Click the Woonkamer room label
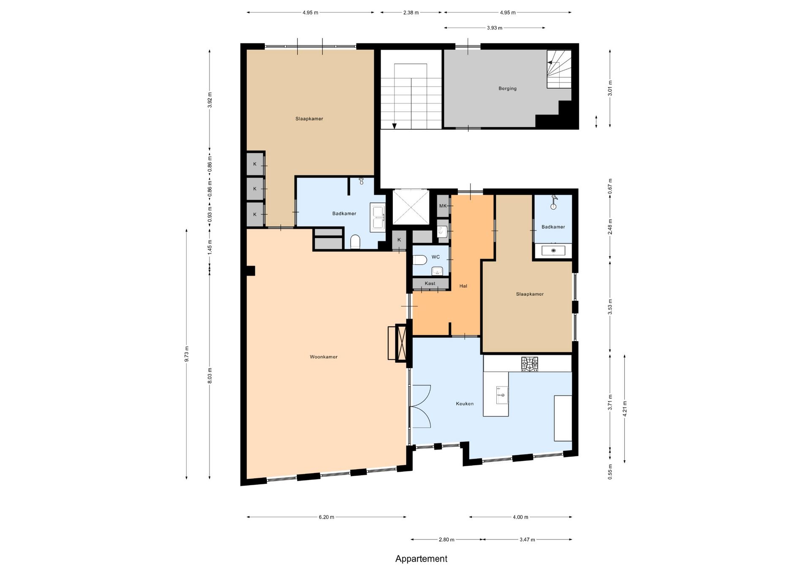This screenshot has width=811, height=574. [324, 357]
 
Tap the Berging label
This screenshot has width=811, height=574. [507, 88]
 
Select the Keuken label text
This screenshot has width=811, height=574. [465, 404]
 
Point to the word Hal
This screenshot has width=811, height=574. [463, 286]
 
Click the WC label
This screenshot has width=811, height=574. [435, 257]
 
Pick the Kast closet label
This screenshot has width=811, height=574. [430, 284]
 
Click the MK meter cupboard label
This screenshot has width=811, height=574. [443, 206]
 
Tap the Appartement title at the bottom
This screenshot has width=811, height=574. [421, 559]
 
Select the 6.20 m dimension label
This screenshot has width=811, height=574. [327, 517]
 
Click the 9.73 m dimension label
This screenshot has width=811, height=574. [187, 354]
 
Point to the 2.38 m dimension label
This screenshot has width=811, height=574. [411, 13]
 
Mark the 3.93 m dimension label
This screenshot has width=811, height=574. [495, 28]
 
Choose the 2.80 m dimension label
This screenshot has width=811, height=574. [446, 540]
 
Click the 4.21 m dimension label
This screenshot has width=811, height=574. [625, 409]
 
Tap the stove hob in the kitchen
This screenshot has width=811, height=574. [530, 364]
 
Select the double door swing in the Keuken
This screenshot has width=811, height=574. [421, 406]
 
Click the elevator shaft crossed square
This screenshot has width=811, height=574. [411, 207]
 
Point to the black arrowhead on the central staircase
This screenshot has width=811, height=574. [394, 126]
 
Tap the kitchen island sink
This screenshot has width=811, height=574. [501, 395]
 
